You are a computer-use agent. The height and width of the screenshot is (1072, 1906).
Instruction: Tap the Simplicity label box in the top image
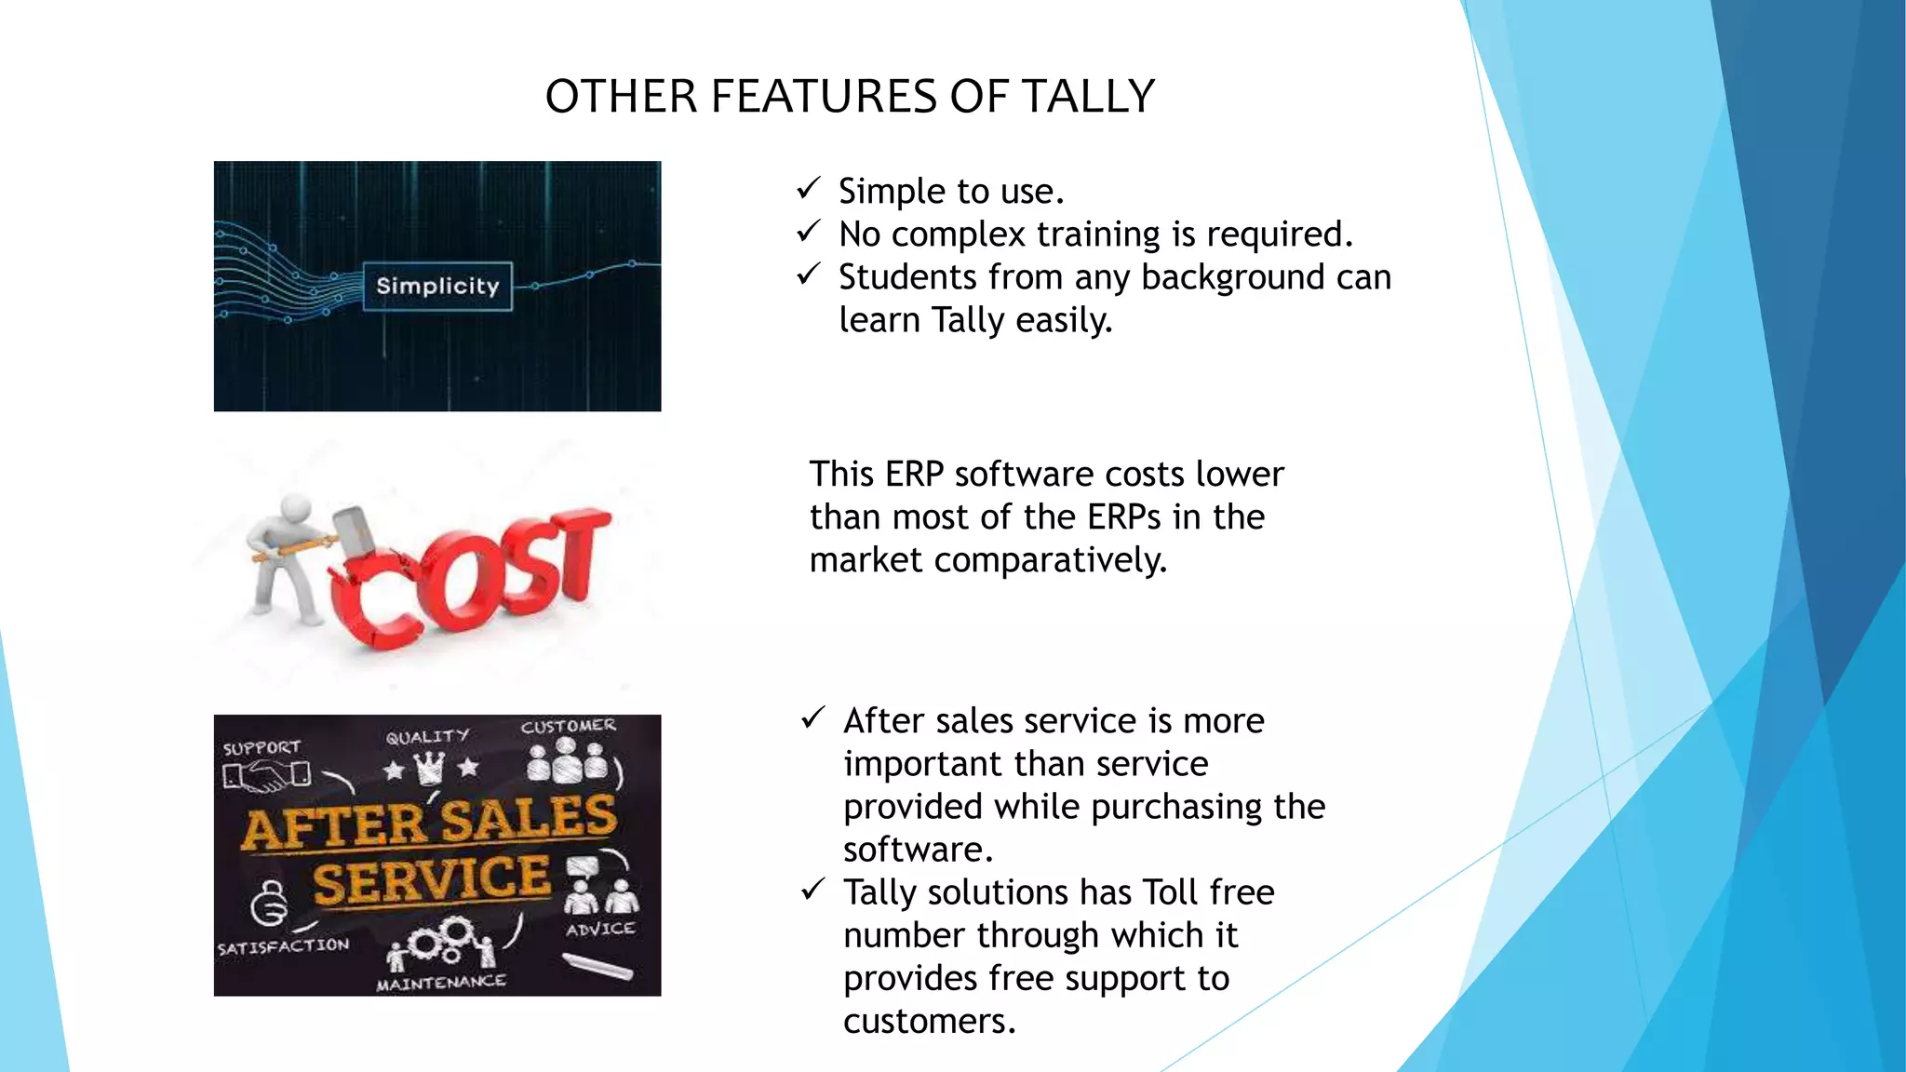point(437,286)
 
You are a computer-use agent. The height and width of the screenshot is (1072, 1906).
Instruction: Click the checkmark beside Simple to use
point(808,189)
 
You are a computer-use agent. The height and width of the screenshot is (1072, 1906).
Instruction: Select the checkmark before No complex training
point(808,231)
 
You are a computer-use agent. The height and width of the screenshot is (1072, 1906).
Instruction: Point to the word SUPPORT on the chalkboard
point(262,748)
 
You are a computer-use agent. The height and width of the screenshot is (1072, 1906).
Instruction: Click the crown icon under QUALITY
point(429,769)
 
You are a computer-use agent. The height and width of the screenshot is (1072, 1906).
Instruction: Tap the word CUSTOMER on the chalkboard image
point(568,726)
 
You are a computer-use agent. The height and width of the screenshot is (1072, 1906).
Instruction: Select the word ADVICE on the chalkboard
point(600,929)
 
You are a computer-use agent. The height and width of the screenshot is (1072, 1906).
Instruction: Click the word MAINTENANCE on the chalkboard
point(441,983)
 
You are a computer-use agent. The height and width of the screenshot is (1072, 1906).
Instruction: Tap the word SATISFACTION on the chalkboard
point(284,946)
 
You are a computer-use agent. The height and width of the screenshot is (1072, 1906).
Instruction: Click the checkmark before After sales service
point(812,718)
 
